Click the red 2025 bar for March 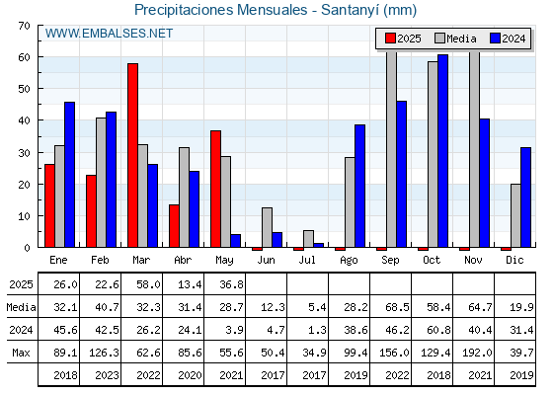(x=132, y=155)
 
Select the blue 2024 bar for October (x=443, y=151)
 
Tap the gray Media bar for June (x=267, y=227)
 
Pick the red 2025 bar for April (x=174, y=226)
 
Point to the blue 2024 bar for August (x=360, y=186)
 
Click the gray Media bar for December (x=515, y=215)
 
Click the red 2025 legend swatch (x=390, y=39)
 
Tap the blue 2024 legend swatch (x=495, y=39)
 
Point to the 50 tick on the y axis (x=24, y=89)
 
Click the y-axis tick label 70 (x=24, y=26)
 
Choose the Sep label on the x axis (x=390, y=261)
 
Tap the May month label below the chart (x=224, y=261)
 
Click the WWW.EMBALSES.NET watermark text (x=109, y=34)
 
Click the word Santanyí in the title (x=350, y=10)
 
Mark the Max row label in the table (x=21, y=353)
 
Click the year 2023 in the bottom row (x=107, y=375)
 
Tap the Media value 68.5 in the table (x=397, y=307)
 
